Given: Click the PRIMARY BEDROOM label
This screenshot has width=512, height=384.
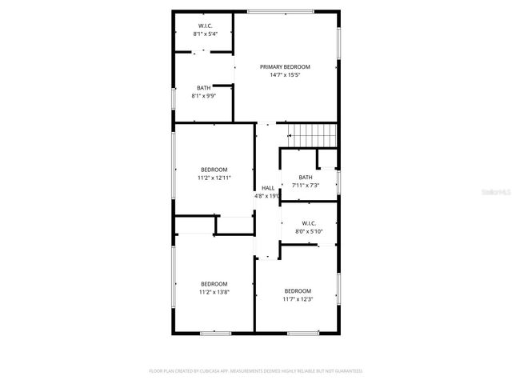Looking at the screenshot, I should [285, 66].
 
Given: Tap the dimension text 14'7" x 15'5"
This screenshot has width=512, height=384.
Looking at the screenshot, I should [285, 75].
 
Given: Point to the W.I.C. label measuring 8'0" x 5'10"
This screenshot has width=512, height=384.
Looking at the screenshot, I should [309, 223].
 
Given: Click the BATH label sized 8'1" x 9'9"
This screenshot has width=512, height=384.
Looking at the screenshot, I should [204, 87].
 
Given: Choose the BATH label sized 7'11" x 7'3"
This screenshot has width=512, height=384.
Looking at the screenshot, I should [306, 178].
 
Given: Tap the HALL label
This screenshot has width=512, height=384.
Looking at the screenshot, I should [267, 188].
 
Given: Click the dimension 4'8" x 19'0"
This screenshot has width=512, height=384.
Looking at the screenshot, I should [267, 196].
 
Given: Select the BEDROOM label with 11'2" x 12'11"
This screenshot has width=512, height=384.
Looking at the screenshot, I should [214, 170].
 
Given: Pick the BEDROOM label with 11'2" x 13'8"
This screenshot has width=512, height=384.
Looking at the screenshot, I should [214, 284].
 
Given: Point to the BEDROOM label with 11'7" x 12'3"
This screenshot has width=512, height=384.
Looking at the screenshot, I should [298, 290].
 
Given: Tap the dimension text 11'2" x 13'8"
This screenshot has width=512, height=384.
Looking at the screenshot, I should [214, 293].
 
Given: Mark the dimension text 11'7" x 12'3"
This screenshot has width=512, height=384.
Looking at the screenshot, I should [298, 299].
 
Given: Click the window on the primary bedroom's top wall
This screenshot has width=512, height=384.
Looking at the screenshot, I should [269, 10].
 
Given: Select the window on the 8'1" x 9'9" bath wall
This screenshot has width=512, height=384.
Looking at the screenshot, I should [174, 98].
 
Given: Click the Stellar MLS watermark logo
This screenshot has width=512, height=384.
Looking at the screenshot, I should [497, 193].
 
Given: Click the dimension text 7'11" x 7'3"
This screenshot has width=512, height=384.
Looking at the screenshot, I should [306, 186].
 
